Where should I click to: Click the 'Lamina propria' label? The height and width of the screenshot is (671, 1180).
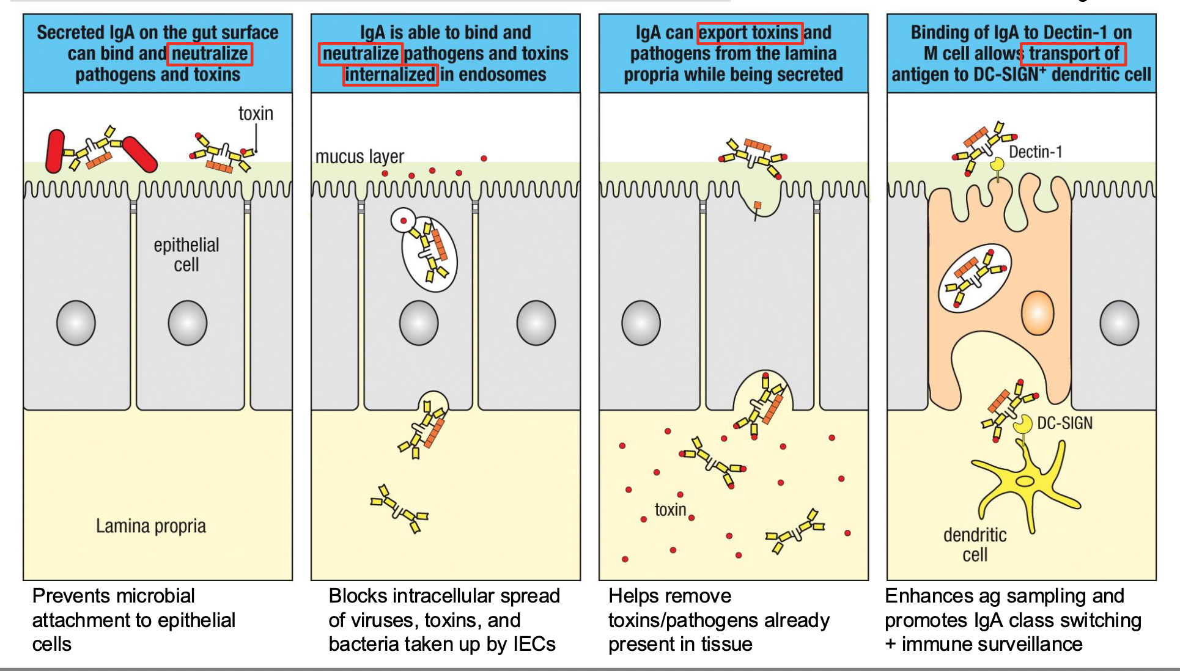point(150,526)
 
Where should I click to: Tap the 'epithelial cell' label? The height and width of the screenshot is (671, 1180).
point(186,255)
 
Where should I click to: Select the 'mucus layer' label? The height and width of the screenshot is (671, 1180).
point(360,157)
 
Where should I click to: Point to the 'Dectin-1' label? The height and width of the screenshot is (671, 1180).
point(1035,152)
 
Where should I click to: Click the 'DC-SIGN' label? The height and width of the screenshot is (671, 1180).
point(1064,423)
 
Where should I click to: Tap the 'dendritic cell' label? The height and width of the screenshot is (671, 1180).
point(975,544)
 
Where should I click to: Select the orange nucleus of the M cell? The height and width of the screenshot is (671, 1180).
point(1038,313)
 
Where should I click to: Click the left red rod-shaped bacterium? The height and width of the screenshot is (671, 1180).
point(55,150)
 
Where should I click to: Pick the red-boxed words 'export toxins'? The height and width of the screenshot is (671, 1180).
point(749,32)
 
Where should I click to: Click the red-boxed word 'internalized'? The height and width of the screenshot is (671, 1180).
point(390,75)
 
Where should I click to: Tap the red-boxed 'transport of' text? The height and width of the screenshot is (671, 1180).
point(1073,54)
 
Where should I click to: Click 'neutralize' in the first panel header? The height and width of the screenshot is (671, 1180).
point(210,54)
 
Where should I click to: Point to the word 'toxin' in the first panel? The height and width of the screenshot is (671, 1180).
point(256,114)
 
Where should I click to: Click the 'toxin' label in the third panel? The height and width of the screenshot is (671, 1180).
point(670,510)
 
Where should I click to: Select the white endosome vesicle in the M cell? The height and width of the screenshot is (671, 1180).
point(974,277)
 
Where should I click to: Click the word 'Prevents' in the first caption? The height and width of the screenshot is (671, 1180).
point(72,596)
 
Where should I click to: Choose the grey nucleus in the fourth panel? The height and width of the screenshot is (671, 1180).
point(1119,323)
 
